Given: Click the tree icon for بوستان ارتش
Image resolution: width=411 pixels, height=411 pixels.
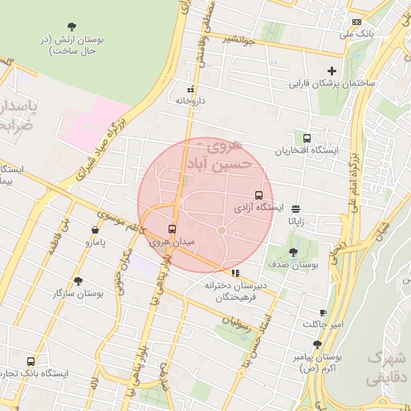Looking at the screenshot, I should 74,26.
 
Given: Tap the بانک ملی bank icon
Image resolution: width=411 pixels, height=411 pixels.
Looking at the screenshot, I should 357,22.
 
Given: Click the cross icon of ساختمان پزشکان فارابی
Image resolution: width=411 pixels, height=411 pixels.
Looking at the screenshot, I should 332,71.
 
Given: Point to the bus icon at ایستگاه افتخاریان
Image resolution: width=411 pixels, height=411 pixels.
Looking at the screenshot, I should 307,137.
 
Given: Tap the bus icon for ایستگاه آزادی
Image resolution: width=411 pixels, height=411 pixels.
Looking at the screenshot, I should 258,195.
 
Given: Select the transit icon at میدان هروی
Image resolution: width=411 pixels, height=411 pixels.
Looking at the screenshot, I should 173,229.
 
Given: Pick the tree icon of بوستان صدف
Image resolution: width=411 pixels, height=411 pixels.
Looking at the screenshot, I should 294,252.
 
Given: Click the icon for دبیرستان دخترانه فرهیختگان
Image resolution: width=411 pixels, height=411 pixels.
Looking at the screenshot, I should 234,273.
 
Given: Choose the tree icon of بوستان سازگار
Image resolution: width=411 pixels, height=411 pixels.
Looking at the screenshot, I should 78,281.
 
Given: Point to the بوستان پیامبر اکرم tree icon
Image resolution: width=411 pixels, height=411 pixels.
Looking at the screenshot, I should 317,344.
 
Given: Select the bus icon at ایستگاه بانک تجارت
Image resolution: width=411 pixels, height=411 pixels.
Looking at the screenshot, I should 31,361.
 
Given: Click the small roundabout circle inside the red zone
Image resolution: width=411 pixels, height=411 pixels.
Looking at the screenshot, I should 222,231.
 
